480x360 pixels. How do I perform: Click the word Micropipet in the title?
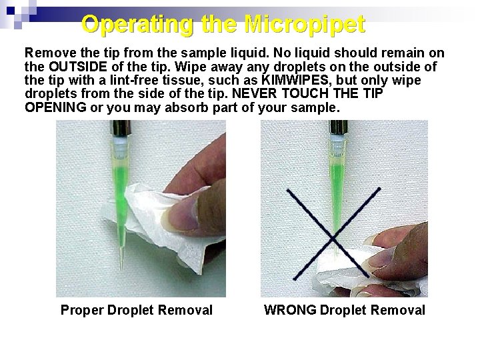(x=305, y=25)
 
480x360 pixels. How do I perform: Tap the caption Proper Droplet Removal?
(x=136, y=310)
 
